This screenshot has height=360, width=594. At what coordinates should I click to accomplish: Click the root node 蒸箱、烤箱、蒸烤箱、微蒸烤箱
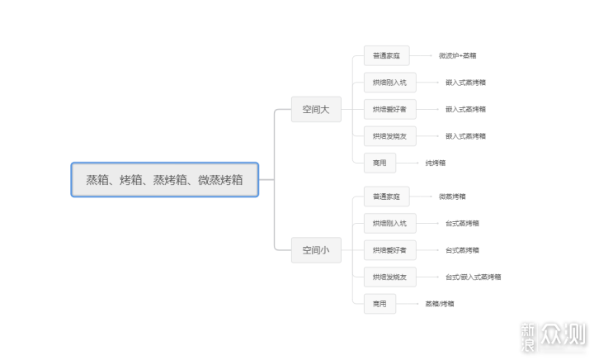pos(165,179)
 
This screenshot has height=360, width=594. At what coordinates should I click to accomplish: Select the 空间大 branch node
pos(315,109)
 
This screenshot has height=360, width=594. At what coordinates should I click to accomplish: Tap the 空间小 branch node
pos(315,249)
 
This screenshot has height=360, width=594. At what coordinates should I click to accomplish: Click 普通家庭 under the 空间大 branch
pos(386,56)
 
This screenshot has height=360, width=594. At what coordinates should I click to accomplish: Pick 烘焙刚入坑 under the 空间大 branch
pos(389,83)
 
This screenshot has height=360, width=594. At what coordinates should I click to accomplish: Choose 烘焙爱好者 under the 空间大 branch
pos(389,109)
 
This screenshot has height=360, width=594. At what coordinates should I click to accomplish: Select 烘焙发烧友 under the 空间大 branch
pos(389,136)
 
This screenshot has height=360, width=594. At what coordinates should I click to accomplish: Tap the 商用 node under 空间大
pos(379,163)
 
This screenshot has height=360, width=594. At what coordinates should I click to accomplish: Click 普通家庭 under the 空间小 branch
pos(386,197)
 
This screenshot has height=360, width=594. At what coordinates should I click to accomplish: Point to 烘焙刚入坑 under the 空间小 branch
pos(389,223)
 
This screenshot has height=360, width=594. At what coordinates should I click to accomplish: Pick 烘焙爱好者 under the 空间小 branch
pos(389,249)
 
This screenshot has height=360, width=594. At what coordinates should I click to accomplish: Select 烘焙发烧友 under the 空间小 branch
pos(389,277)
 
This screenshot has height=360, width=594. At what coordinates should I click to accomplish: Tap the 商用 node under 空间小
pos(379,303)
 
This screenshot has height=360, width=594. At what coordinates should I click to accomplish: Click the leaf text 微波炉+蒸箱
pos(457,56)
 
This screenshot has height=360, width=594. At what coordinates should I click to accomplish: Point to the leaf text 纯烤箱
pos(436,163)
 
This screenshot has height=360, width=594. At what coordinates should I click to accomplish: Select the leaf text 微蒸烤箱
pos(452,197)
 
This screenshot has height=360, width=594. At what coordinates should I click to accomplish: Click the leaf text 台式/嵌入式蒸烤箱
pos(473,277)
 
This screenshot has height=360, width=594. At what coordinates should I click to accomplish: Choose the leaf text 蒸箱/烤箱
pos(439,303)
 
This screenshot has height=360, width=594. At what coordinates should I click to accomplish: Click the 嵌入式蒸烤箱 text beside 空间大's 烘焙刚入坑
pos(465,83)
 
